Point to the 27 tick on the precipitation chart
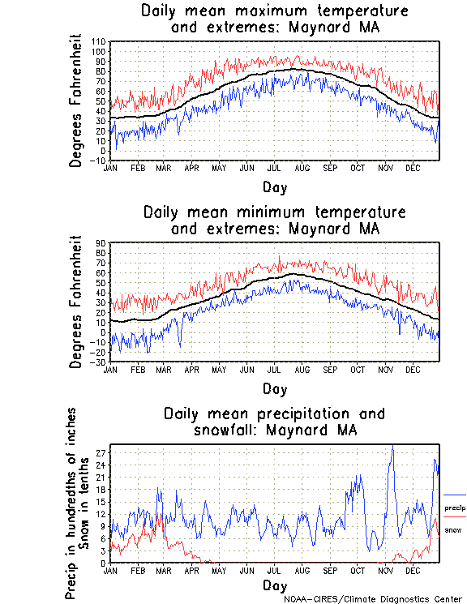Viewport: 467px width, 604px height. [103, 452]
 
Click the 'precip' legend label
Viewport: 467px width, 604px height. [455, 508]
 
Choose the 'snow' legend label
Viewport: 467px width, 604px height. [453, 530]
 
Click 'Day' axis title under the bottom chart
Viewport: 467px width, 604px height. [275, 585]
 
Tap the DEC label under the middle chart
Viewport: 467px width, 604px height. [412, 369]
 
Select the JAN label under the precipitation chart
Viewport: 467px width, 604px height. [110, 570]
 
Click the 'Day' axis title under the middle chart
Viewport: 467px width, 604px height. [275, 388]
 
